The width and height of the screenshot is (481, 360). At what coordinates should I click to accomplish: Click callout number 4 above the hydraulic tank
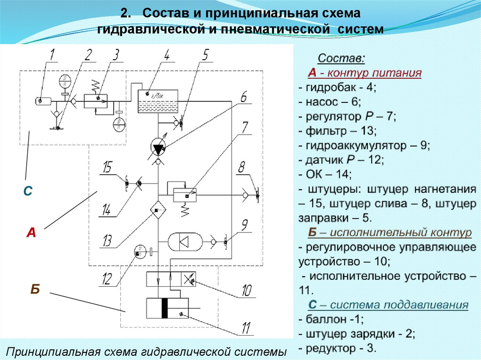point(166,55)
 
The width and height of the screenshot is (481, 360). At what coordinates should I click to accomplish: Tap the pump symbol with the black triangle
point(158,147)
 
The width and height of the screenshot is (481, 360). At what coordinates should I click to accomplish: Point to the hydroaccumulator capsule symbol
point(187,242)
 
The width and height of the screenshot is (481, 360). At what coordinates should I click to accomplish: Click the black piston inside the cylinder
point(164,308)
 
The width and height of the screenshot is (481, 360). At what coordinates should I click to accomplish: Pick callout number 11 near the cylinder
point(245,327)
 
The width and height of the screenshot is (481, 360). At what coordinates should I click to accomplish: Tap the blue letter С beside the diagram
point(28,191)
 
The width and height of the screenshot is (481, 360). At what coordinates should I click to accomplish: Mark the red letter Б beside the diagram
point(35,290)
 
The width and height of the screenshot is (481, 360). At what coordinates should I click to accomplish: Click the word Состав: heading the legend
point(341,59)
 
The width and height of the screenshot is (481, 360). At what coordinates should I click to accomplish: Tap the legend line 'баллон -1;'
point(334,319)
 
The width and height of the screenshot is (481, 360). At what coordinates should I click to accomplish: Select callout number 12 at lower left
point(107,279)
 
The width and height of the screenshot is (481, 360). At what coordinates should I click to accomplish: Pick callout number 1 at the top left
point(53,55)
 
